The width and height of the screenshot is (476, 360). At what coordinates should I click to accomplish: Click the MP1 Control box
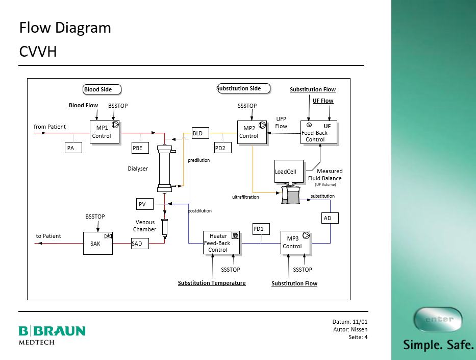(x=104, y=132)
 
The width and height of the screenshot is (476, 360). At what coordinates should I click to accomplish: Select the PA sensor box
(x=73, y=148)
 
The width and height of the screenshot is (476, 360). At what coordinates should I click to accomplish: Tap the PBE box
(x=140, y=148)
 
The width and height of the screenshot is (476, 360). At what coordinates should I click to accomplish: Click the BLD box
(x=200, y=133)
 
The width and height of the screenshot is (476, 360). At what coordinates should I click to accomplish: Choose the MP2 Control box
(x=252, y=132)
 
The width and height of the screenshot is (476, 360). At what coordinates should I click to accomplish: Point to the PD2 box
(x=222, y=148)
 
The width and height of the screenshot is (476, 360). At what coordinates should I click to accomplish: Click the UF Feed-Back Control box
(x=318, y=132)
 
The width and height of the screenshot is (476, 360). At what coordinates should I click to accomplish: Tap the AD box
(x=330, y=218)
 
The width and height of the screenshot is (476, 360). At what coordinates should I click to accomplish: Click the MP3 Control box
(x=295, y=242)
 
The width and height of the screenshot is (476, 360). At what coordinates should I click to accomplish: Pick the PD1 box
(x=261, y=229)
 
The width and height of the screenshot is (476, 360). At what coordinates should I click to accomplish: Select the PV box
(x=144, y=204)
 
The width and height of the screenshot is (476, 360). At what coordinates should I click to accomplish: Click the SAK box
(x=98, y=243)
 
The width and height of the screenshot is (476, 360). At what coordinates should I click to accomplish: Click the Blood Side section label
(x=102, y=89)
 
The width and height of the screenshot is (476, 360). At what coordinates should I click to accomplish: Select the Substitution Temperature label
(x=212, y=283)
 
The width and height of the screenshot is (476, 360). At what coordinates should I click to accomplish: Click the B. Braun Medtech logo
(x=52, y=334)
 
